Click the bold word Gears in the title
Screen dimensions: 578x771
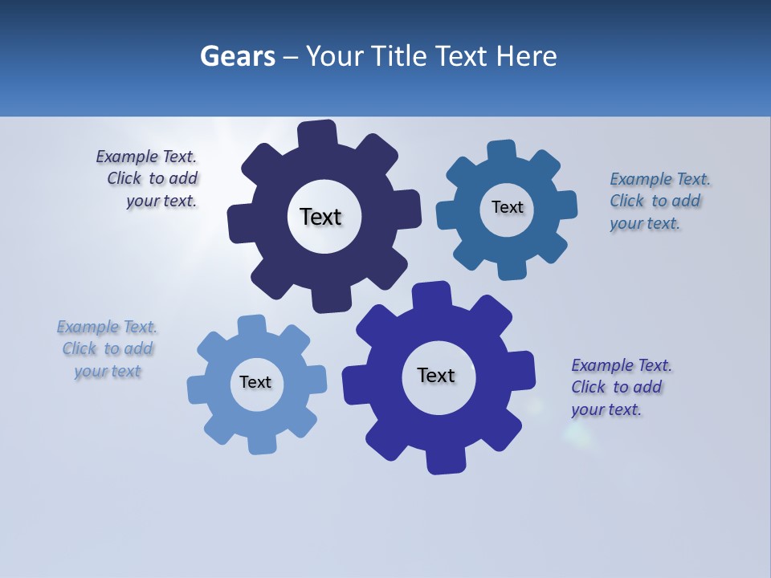(237, 57)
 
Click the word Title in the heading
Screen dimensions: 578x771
(398, 57)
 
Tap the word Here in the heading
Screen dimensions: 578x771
(526, 57)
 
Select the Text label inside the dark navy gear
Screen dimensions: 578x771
(320, 217)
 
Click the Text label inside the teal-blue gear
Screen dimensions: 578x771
(507, 207)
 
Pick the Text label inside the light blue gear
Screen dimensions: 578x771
(255, 382)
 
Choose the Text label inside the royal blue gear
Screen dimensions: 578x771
(436, 375)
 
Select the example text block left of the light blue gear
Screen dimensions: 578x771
(108, 348)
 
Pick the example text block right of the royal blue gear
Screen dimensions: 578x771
(621, 387)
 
